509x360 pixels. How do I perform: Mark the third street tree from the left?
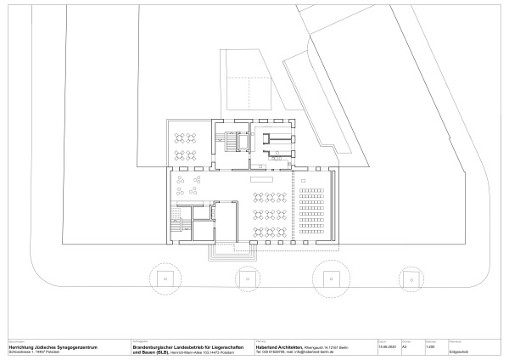click(x=328, y=277)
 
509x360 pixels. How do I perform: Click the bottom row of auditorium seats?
click(x=315, y=231)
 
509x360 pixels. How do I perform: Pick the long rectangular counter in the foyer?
click(x=262, y=178)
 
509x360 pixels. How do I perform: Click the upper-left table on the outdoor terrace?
click(x=178, y=137)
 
